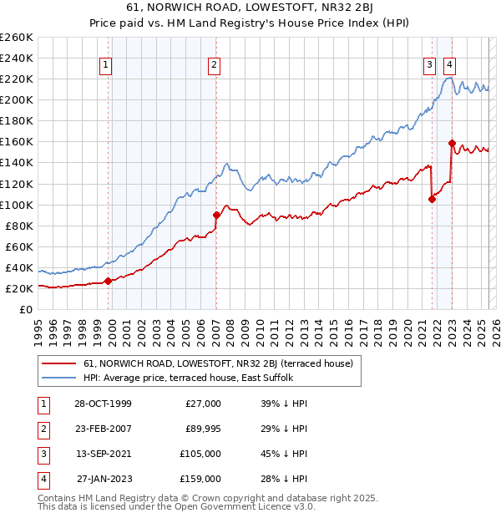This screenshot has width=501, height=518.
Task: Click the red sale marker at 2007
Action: [x=216, y=215]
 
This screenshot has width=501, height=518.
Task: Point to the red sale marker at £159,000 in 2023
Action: [x=452, y=143]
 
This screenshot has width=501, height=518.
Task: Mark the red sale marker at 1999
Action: [x=109, y=281]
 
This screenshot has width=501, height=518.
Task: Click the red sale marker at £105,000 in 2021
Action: [x=432, y=199]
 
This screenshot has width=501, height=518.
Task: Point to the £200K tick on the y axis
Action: [x=17, y=99]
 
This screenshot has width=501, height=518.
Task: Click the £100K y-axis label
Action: [x=17, y=205]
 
